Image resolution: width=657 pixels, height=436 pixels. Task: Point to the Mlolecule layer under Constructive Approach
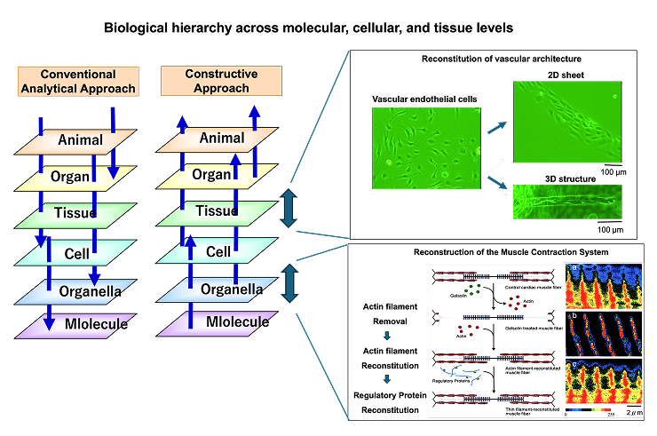tap(218, 322)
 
